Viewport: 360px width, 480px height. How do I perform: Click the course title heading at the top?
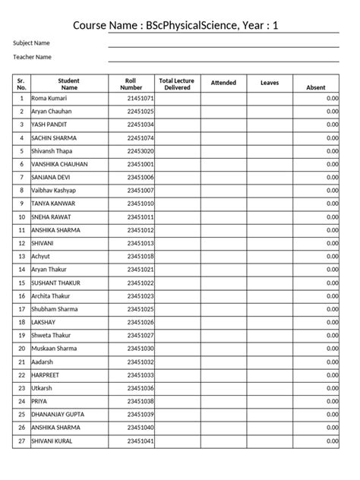click(x=175, y=26)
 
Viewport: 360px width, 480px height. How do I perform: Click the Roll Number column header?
click(x=131, y=84)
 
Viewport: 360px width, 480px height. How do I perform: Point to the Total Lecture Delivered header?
click(x=176, y=84)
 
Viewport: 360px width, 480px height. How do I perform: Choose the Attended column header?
click(x=223, y=83)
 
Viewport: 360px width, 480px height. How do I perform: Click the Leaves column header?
click(x=270, y=83)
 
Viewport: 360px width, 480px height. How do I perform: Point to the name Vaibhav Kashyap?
click(x=54, y=190)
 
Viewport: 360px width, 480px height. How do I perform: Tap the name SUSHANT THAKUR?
click(x=56, y=283)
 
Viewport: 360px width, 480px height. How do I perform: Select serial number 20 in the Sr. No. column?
click(x=21, y=349)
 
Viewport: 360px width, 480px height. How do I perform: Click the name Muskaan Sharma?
click(x=54, y=349)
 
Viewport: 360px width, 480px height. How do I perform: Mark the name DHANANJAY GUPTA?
click(x=58, y=415)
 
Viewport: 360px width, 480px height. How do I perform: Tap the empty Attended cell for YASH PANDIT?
click(x=223, y=125)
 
